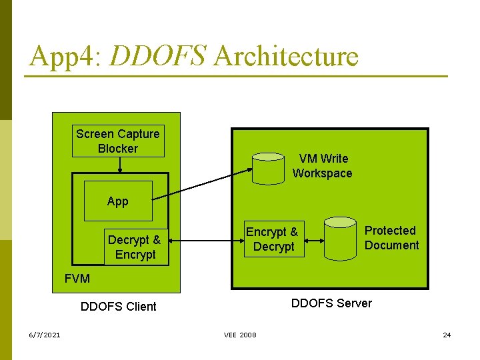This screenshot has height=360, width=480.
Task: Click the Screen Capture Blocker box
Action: tap(118, 141)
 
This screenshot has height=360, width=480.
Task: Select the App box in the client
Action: tap(118, 201)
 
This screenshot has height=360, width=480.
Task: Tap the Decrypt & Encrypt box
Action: tap(135, 247)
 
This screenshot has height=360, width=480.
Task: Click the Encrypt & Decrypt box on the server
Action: tap(273, 239)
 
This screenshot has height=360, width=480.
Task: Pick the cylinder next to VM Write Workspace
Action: tap(269, 169)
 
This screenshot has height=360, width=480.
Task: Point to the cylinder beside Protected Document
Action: tap(340, 238)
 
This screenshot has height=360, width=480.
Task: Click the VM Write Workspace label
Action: tap(322, 166)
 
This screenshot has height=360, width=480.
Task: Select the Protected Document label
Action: tap(391, 238)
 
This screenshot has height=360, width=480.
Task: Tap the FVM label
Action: tap(77, 279)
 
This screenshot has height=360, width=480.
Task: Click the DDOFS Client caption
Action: tap(118, 307)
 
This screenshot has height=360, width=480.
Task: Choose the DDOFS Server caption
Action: tap(331, 303)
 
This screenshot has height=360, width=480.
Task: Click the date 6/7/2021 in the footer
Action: tap(44, 335)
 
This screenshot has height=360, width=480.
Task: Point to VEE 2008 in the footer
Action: tap(240, 335)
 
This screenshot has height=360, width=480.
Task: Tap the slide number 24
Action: tap(447, 335)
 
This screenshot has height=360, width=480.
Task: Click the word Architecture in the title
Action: tap(286, 57)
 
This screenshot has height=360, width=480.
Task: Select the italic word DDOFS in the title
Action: tap(157, 57)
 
